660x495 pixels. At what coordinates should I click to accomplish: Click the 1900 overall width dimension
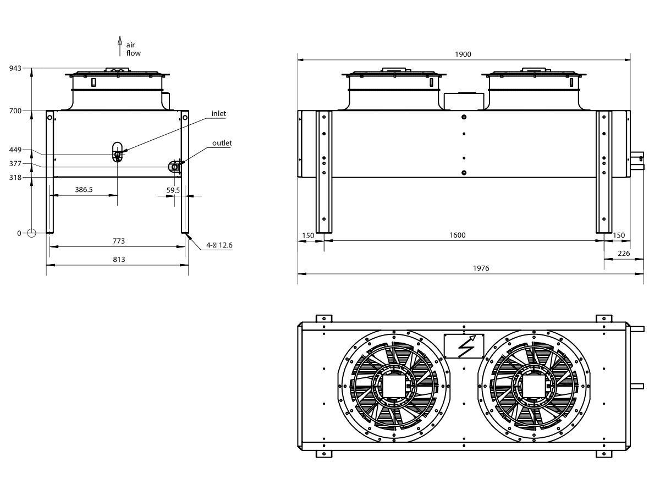click(x=463, y=54)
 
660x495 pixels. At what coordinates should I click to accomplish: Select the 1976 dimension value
click(x=480, y=268)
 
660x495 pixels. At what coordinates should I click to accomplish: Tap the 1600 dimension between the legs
click(x=457, y=235)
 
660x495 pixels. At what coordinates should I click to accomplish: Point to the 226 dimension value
click(x=624, y=254)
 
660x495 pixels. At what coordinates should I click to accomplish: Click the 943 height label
click(x=15, y=68)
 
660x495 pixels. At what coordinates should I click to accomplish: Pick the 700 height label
click(x=15, y=111)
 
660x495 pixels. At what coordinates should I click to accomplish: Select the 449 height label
click(x=15, y=150)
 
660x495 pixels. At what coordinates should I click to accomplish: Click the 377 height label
click(x=15, y=163)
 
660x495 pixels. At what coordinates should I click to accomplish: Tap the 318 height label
click(x=15, y=178)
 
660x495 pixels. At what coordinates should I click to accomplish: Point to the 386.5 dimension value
click(x=84, y=190)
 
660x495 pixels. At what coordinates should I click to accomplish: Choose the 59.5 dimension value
click(x=173, y=190)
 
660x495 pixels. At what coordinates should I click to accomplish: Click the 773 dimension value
click(x=118, y=241)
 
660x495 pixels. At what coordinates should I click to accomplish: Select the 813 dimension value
click(x=118, y=260)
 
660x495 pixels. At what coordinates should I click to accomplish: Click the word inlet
click(x=219, y=114)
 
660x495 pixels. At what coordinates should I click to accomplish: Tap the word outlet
click(x=222, y=143)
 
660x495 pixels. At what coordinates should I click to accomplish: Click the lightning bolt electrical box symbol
click(x=464, y=346)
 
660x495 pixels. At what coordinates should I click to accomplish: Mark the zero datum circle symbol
click(x=31, y=233)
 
